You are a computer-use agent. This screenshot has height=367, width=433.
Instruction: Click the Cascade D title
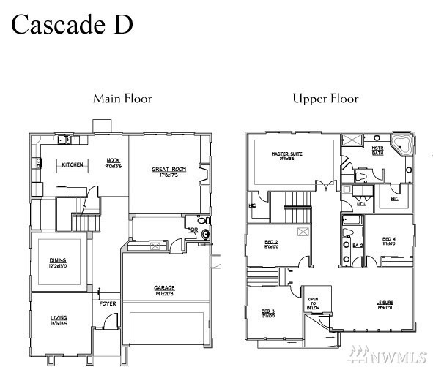coord(72,24)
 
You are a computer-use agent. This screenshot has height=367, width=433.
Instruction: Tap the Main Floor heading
coord(122,98)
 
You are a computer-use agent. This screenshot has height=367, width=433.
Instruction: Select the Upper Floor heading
coord(325,98)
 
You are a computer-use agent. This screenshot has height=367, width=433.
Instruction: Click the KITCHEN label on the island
coord(73,165)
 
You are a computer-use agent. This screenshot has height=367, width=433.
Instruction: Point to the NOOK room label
coord(113,162)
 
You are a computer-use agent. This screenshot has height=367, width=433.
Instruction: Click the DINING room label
coord(58,261)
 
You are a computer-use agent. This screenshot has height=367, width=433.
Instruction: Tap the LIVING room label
coord(59,319)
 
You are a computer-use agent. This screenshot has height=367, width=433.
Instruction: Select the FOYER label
coord(108,303)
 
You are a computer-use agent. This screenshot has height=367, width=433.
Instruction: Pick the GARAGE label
coord(164,289)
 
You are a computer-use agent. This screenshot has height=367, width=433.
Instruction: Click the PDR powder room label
coord(192,230)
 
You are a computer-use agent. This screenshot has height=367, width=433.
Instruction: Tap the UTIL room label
coord(361,204)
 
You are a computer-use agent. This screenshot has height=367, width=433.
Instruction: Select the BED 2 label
coord(271,242)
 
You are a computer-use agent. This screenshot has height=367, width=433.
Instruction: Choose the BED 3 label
coord(267,313)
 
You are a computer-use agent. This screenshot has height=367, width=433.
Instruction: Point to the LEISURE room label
coord(385,303)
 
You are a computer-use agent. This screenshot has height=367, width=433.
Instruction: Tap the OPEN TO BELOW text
coord(313,303)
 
